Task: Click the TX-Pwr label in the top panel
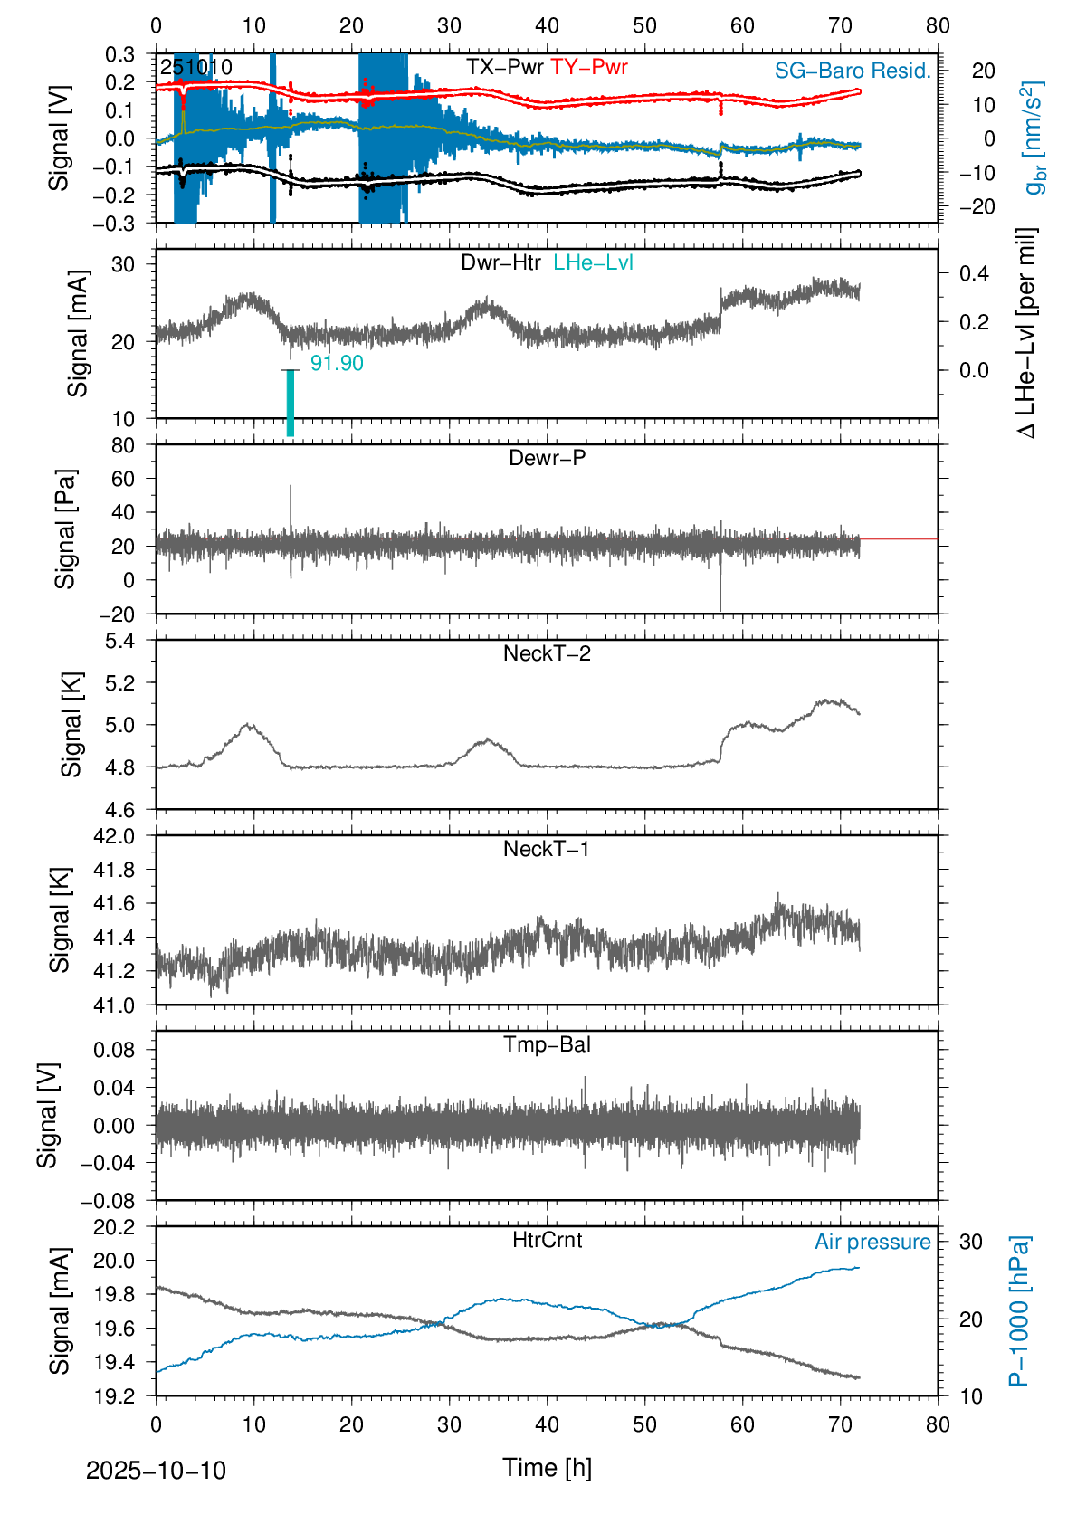pyautogui.click(x=504, y=67)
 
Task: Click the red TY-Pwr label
pyautogui.click(x=588, y=67)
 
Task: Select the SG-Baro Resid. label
pyautogui.click(x=852, y=71)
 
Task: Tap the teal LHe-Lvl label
pyautogui.click(x=593, y=262)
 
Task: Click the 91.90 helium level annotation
pyautogui.click(x=337, y=363)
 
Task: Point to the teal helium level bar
pyautogui.click(x=291, y=403)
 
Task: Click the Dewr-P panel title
pyautogui.click(x=547, y=458)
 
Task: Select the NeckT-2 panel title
pyautogui.click(x=547, y=653)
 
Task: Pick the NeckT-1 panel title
pyautogui.click(x=547, y=849)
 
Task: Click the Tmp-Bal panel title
pyautogui.click(x=547, y=1044)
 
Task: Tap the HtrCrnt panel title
pyautogui.click(x=547, y=1240)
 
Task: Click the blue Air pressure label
pyautogui.click(x=872, y=1242)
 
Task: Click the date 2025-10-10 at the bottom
pyautogui.click(x=156, y=1471)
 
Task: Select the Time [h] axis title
pyautogui.click(x=547, y=1467)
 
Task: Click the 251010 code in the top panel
pyautogui.click(x=195, y=68)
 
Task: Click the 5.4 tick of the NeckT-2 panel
pyautogui.click(x=119, y=641)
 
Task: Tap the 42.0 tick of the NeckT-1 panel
pyautogui.click(x=114, y=836)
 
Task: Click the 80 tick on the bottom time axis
pyautogui.click(x=938, y=1424)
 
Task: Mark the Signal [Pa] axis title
pyautogui.click(x=65, y=529)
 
